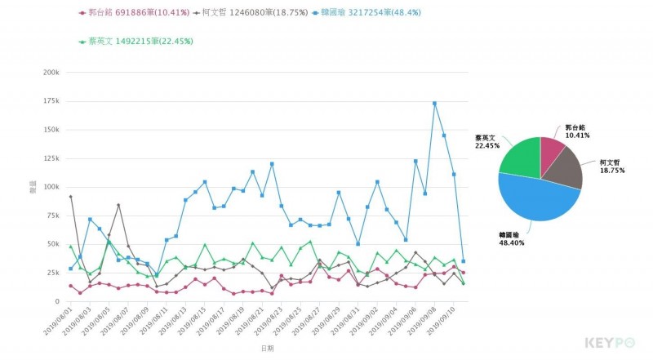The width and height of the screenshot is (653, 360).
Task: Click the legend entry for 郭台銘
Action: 134,13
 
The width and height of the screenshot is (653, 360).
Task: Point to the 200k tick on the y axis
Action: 51,73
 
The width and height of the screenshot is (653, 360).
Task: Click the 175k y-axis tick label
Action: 51,101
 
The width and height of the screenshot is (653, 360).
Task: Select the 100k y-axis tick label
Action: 51,187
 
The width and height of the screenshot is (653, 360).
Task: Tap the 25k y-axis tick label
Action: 52,273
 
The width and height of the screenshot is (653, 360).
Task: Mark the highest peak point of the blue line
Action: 434,104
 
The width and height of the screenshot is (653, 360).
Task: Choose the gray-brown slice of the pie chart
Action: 567,169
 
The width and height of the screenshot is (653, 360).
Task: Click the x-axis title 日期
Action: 268,348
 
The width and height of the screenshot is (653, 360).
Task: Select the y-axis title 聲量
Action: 33,187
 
